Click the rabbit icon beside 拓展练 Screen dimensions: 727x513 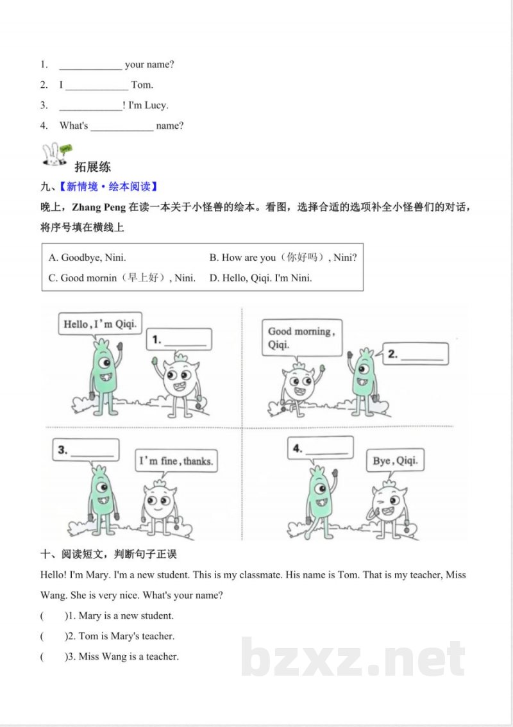(55, 156)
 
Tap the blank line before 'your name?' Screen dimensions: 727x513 (90, 65)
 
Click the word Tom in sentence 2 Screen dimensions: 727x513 (142, 85)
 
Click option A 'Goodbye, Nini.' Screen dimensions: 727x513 (87, 258)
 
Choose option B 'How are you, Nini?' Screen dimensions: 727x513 (283, 258)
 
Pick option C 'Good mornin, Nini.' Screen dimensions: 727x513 (122, 278)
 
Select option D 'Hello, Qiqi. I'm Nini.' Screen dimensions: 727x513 (260, 278)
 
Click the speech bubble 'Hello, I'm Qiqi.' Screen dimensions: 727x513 (99, 324)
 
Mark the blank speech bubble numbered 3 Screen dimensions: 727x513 (86, 450)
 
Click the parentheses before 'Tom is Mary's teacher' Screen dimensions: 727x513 (53, 637)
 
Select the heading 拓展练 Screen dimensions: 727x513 (93, 167)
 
